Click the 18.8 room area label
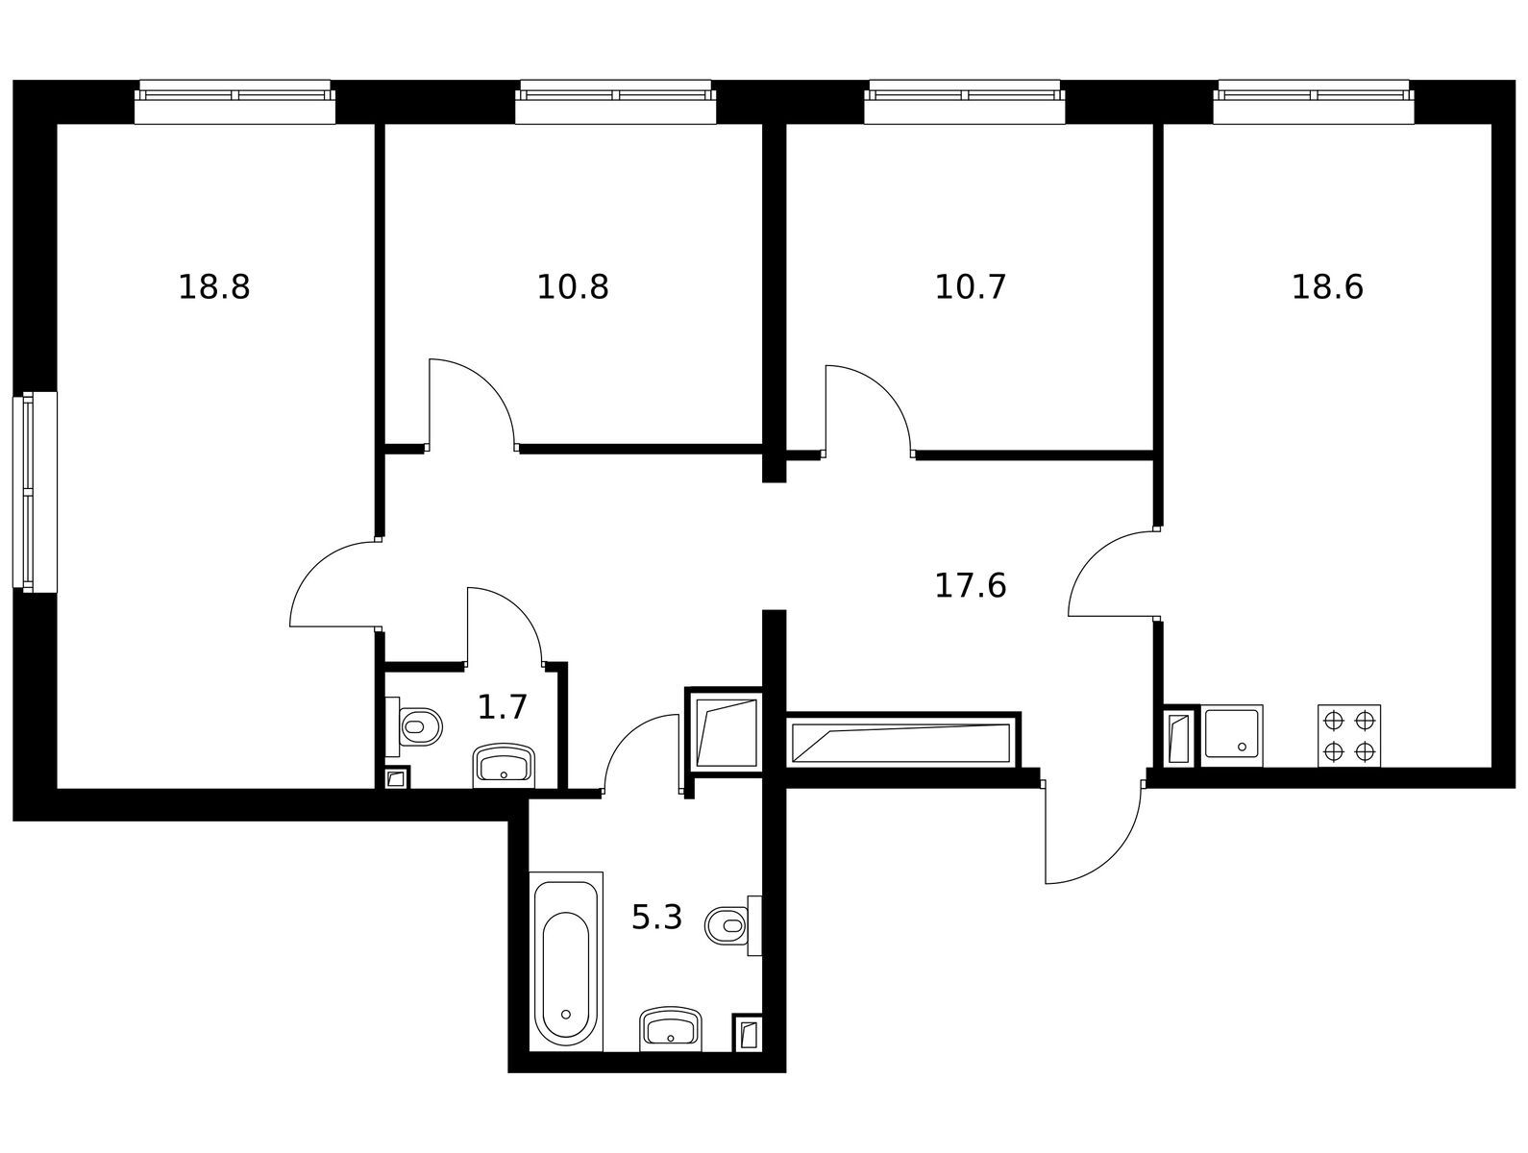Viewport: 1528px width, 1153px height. coord(213,286)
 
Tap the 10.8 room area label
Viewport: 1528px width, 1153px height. coord(572,286)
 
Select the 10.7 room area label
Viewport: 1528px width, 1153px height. coord(970,286)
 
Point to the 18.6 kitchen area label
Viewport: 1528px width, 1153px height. coord(1327,286)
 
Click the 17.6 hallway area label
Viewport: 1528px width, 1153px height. coord(970,586)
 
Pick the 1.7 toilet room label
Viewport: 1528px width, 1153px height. coord(502,708)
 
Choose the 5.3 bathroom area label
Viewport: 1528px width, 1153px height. coord(656,917)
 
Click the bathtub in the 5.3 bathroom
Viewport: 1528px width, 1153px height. coord(566,970)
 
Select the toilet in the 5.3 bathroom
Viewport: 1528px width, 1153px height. coord(733,925)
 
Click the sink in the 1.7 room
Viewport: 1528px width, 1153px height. coord(504,766)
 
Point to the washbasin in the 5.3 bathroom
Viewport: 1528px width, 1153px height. coord(671,1028)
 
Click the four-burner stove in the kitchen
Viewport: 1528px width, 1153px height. coord(1349,736)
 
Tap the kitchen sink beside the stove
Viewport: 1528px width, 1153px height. coord(1231,736)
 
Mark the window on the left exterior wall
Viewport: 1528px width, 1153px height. coord(35,492)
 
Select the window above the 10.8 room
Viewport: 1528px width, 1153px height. coord(615,102)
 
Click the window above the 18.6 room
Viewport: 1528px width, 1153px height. coord(1314,102)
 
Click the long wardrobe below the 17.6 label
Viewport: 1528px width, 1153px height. coord(903,742)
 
